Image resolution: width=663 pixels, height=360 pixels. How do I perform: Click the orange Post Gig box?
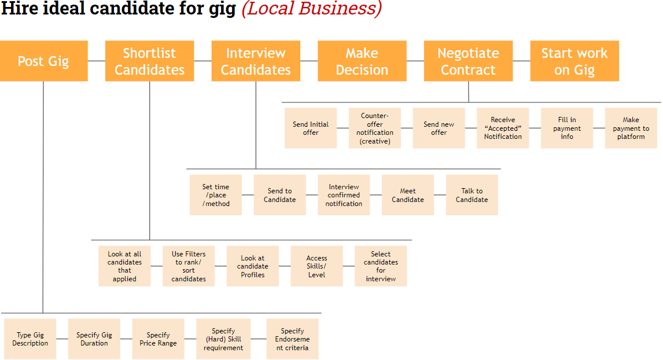pyautogui.click(x=43, y=61)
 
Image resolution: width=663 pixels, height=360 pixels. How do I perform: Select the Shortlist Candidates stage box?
pyautogui.click(x=149, y=61)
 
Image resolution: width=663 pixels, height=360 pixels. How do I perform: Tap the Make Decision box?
pyautogui.click(x=362, y=61)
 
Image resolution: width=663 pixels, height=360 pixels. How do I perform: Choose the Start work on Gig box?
pyautogui.click(x=574, y=61)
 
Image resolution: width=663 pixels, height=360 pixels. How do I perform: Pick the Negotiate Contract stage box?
pyautogui.click(x=468, y=61)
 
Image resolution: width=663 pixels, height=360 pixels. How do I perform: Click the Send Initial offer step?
pyautogui.click(x=311, y=128)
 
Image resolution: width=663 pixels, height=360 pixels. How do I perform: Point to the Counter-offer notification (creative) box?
pyautogui.click(x=375, y=128)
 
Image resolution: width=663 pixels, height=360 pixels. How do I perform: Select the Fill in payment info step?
pyautogui.click(x=567, y=128)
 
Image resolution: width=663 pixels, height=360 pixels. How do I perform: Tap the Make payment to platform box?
pyautogui.click(x=631, y=128)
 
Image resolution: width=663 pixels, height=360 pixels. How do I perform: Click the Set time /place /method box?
pyautogui.click(x=216, y=195)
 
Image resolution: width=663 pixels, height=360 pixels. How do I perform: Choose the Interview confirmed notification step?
pyautogui.click(x=344, y=195)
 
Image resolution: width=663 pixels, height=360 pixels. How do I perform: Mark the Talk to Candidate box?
pyautogui.click(x=472, y=195)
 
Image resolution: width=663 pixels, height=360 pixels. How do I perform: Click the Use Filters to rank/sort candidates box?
pyautogui.click(x=189, y=266)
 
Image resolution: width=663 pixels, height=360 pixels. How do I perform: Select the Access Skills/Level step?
pyautogui.click(x=316, y=266)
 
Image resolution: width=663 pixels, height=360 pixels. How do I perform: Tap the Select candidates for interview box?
pyautogui.click(x=381, y=266)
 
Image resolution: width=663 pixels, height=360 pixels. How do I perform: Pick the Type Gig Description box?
pyautogui.click(x=30, y=339)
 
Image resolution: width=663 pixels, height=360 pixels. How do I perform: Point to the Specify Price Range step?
pyautogui.click(x=158, y=339)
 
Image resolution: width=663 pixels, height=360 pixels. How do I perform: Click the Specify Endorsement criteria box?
pyautogui.click(x=292, y=339)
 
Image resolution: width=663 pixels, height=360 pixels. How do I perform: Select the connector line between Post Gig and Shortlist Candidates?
pyautogui.click(x=97, y=61)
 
